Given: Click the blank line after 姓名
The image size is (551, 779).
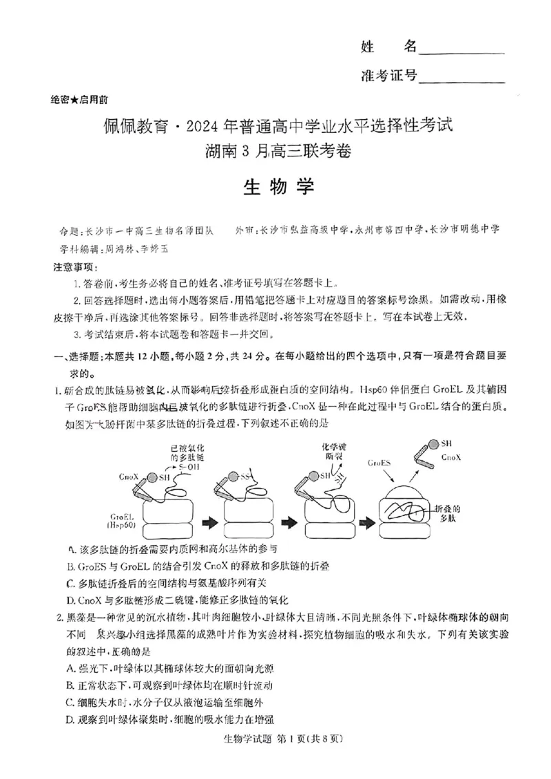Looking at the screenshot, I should [x=461, y=49].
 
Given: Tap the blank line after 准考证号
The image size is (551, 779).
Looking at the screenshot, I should [x=461, y=77].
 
